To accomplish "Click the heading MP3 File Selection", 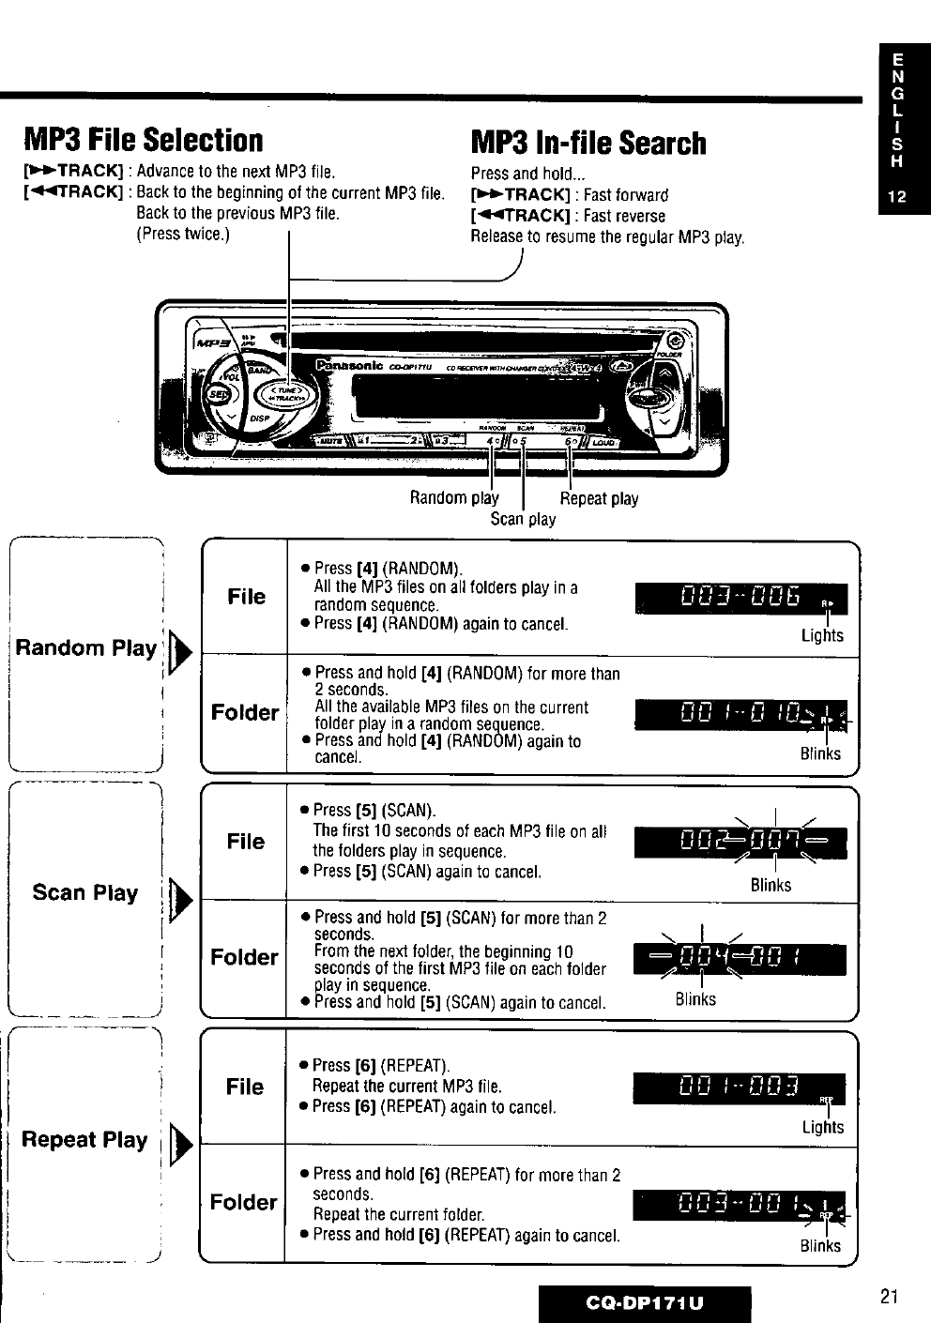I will coord(144,141).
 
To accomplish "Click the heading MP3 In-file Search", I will coord(588,143).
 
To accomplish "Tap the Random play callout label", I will coord(454,498).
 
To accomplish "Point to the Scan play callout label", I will coord(523,519).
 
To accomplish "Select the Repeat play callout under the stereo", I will coord(599,499).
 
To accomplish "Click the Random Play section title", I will coord(85,647).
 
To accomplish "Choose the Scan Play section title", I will coord(84,892).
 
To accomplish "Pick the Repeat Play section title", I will coord(84,1140).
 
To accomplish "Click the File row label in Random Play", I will coord(246,597).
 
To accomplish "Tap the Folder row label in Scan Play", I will coord(244,957).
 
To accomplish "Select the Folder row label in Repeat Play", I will coord(244,1202).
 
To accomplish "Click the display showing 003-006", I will coord(740,599).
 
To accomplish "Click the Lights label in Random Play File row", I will coord(822,636).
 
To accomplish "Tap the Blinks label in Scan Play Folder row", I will coord(695,999).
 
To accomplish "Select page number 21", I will coord(890,1297).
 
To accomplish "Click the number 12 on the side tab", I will coord(897,198).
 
